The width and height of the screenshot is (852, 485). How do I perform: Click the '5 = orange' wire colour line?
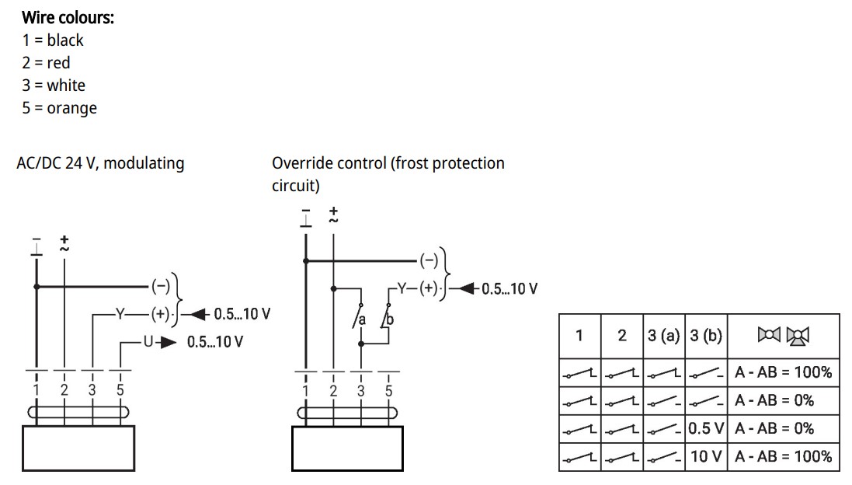[x=59, y=108]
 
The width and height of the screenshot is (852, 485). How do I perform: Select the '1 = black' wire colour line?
[x=53, y=40]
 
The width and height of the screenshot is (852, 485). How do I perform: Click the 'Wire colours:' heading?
[x=68, y=17]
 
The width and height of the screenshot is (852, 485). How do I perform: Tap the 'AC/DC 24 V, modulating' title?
[x=100, y=163]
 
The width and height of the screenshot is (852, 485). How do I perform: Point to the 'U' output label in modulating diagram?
[x=148, y=342]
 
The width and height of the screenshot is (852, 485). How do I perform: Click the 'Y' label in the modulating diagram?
[x=120, y=314]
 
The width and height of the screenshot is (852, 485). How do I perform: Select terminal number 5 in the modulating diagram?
[x=120, y=390]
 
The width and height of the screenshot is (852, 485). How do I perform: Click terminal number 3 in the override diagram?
[x=361, y=391]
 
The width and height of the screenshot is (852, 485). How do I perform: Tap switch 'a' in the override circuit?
[x=359, y=316]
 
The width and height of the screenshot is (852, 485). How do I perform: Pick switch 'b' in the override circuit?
[x=387, y=316]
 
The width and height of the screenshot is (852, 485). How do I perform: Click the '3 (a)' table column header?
[x=663, y=336]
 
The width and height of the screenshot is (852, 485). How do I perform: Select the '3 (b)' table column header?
[x=706, y=336]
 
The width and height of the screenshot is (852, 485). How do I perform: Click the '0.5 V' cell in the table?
[x=706, y=428]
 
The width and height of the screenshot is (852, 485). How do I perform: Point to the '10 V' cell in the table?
[x=706, y=456]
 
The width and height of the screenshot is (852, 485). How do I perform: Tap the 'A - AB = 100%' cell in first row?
[x=783, y=372]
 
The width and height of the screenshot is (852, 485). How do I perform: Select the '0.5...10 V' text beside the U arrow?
[x=215, y=342]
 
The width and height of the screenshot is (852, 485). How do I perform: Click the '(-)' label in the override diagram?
[x=429, y=260]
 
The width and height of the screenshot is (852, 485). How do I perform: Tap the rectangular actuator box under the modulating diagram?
[x=78, y=448]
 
